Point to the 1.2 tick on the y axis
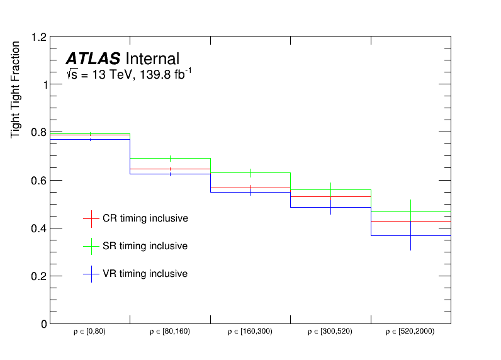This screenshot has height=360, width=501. click(x=38, y=37)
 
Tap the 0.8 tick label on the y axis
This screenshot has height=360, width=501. click(x=38, y=133)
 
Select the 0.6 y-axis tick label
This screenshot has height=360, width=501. click(x=38, y=181)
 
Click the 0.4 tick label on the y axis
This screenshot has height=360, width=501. click(x=38, y=228)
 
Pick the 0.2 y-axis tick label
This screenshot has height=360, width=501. click(x=38, y=276)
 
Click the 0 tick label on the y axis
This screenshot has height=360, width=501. click(x=43, y=324)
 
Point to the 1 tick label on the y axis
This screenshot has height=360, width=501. click(x=43, y=85)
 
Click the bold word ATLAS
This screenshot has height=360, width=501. click(x=93, y=59)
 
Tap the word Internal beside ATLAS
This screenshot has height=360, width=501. click(x=152, y=59)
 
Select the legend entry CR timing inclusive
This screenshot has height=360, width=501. click(x=145, y=218)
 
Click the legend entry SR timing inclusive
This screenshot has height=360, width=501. click(x=145, y=246)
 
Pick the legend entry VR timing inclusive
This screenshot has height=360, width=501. click(x=145, y=274)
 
